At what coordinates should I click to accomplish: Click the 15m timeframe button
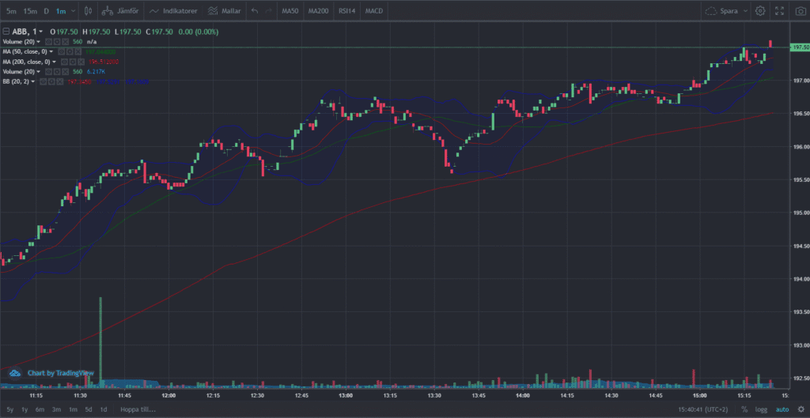coord(29,11)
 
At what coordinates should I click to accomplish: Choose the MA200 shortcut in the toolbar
coord(318,11)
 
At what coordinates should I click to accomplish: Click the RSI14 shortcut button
coord(346,11)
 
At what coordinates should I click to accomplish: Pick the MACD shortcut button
coord(374,11)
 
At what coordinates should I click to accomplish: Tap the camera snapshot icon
coord(800,11)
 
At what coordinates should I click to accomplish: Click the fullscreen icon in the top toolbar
coord(779,11)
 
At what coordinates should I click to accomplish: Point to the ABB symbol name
coord(20,32)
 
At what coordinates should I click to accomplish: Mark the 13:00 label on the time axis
coord(345,394)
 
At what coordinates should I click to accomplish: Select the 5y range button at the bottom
coord(9,409)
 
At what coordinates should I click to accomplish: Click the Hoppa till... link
coord(138,409)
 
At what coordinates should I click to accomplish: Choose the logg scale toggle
coord(761,409)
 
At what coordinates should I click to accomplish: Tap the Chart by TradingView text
coord(60,373)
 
